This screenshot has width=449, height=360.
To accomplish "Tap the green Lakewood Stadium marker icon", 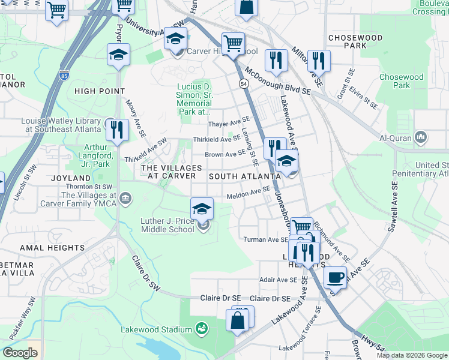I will click(x=202, y=329).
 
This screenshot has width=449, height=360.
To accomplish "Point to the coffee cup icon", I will click(x=335, y=277).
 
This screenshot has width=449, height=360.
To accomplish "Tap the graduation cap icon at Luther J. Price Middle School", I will click(x=202, y=209).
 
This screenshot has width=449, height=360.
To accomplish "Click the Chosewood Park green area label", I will click(x=401, y=81).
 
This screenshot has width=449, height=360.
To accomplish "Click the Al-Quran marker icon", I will click(x=421, y=137).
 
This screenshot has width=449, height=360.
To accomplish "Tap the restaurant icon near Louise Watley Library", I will click(x=117, y=130).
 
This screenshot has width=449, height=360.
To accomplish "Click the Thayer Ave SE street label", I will click(x=228, y=124).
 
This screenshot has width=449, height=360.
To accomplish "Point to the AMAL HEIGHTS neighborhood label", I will click(x=52, y=248).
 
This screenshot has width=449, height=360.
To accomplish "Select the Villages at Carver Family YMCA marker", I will click(x=125, y=199).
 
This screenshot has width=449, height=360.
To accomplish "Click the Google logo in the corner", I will click(x=20, y=353).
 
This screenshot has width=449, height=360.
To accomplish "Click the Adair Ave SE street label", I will click(x=278, y=280).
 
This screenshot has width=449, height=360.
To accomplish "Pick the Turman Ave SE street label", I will click(x=267, y=239).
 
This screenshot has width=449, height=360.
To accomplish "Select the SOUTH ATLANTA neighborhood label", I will click(x=244, y=176).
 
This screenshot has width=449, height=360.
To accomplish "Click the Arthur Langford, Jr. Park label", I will click(x=88, y=155).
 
